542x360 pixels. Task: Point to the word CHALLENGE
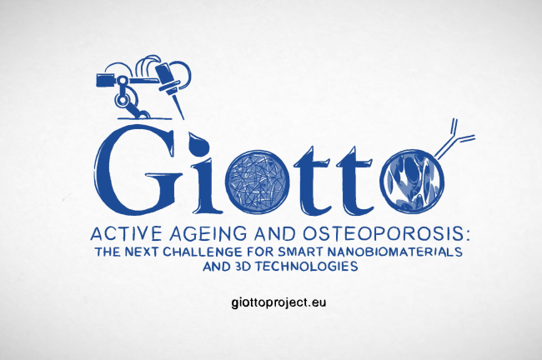click(x=203, y=252)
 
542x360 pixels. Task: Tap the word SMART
click(x=298, y=252)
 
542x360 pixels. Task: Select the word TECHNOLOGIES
click(x=307, y=267)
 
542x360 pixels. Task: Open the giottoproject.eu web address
click(x=279, y=302)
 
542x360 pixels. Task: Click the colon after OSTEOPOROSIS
click(x=467, y=235)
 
